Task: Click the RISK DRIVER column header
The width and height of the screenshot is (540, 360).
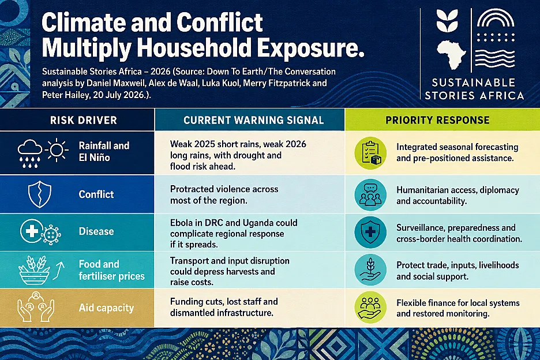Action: (83, 120)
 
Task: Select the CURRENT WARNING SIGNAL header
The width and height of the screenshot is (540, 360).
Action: (253, 120)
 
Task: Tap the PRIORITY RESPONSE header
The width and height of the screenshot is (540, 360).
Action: (437, 120)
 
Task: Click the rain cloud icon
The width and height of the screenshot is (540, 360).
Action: (29, 153)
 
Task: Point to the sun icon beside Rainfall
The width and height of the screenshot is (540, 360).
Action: (57, 150)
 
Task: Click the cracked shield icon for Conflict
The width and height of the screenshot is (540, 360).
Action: (40, 194)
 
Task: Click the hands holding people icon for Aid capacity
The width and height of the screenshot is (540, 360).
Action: (35, 307)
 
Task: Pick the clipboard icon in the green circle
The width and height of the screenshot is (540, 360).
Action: (370, 153)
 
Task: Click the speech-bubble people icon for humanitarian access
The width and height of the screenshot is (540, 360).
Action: (370, 194)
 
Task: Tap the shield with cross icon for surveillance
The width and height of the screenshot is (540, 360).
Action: (370, 232)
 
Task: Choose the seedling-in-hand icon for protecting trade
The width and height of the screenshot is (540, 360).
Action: (370, 270)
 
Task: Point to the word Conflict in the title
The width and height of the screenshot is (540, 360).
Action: (219, 22)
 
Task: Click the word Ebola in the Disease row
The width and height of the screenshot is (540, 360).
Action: (182, 223)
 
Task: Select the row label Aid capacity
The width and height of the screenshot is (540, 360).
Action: (106, 307)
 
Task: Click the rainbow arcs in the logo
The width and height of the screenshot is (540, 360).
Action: (496, 18)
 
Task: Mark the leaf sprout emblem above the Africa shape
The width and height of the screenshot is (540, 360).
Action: (447, 21)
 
